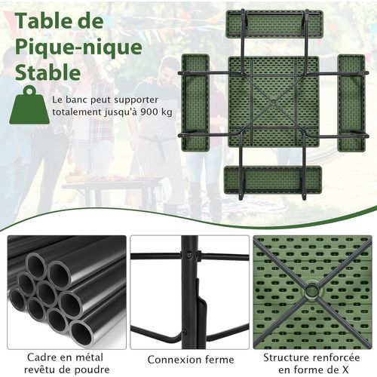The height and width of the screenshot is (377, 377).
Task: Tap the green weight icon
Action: [29, 105]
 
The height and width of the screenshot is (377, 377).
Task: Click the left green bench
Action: [196, 102]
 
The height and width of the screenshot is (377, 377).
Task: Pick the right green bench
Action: [351, 102]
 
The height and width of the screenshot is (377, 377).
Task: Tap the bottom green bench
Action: [274, 179]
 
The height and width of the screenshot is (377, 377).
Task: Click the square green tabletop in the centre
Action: [274, 100]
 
